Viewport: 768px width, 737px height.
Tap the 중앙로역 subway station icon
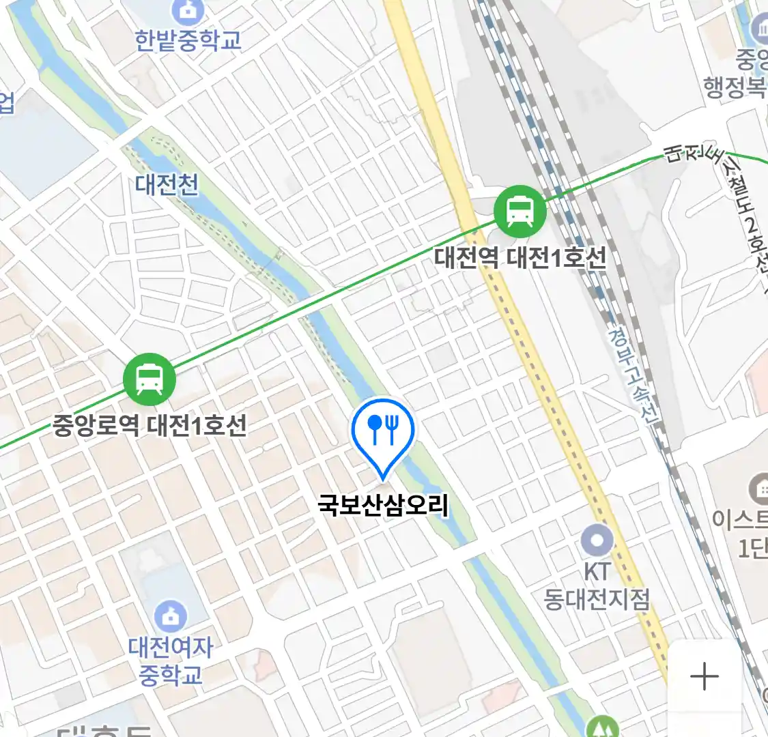150,379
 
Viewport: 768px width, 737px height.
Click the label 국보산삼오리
383,506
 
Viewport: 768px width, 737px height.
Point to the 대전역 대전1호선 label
520,257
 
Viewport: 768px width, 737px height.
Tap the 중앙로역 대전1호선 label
150,425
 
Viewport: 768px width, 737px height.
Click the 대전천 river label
167,184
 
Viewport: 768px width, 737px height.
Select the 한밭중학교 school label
188,40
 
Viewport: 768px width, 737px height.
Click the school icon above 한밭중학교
184,10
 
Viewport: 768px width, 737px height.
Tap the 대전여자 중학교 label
171,661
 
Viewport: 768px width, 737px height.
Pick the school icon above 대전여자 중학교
170,617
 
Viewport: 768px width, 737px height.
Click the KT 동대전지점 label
597,586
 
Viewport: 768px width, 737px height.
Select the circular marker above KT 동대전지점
597,542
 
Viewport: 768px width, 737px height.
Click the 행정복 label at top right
735,87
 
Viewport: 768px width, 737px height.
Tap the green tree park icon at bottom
601,726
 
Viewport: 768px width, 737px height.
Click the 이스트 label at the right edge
740,519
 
